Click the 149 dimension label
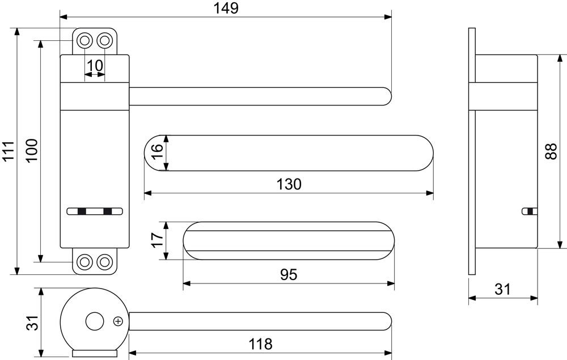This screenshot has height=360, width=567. pyautogui.click(x=226, y=8)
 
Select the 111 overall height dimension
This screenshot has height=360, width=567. pyautogui.click(x=8, y=151)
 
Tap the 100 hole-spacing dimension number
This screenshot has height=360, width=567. pyautogui.click(x=32, y=151)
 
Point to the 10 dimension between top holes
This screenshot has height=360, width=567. pyautogui.click(x=95, y=66)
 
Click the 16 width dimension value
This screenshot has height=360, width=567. pyautogui.click(x=156, y=153)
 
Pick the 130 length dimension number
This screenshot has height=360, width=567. pyautogui.click(x=289, y=184)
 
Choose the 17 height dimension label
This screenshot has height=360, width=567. pyautogui.click(x=157, y=240)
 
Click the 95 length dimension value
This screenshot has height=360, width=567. pyautogui.click(x=289, y=275)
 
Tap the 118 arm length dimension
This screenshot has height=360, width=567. pyautogui.click(x=260, y=344)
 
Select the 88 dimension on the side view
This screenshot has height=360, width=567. pyautogui.click(x=551, y=151)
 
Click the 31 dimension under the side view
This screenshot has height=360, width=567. pyautogui.click(x=502, y=289)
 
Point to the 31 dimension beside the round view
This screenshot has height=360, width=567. pyautogui.click(x=32, y=323)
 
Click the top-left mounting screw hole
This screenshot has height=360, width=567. pyautogui.click(x=84, y=40)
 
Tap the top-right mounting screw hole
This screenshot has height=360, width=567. pyautogui.click(x=105, y=40)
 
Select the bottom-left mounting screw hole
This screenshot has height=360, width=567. pyautogui.click(x=84, y=261)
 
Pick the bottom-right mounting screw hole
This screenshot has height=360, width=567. pyautogui.click(x=105, y=261)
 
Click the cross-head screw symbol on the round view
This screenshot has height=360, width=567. pyautogui.click(x=119, y=321)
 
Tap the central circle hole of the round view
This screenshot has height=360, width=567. pyautogui.click(x=94, y=321)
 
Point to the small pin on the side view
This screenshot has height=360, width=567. pyautogui.click(x=530, y=211)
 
